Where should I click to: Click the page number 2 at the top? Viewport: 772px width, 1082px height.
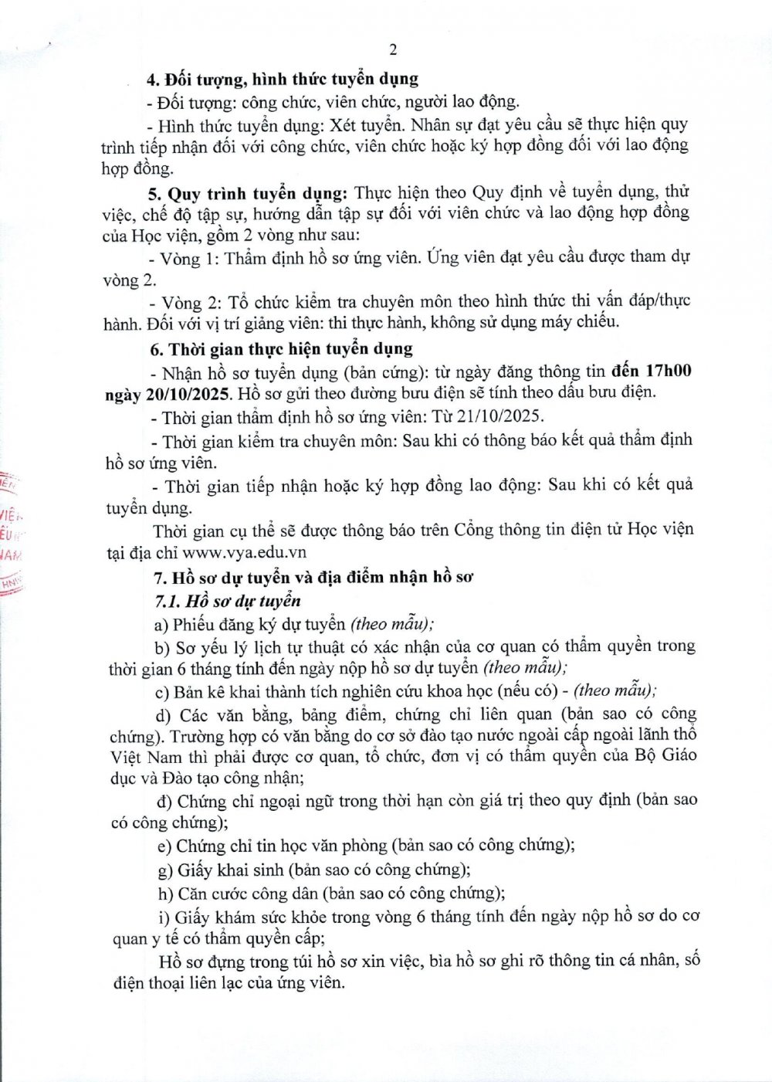point(393,49)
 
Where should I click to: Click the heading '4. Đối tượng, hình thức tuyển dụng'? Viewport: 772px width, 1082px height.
point(283,79)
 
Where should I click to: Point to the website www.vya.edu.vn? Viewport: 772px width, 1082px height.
point(245,552)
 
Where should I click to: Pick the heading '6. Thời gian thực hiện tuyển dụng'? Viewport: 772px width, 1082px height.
point(281,349)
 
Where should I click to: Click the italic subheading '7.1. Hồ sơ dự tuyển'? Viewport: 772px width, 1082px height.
point(228,601)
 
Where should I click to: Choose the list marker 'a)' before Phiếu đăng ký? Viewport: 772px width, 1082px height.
point(161,624)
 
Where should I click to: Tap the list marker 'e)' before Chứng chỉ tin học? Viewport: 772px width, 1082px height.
point(164,846)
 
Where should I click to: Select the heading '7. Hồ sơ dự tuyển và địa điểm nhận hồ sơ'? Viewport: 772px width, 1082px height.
point(313,577)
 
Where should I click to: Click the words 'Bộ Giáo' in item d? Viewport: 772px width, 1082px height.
point(668,755)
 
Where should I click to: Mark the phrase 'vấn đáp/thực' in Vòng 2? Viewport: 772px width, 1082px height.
point(645,300)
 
